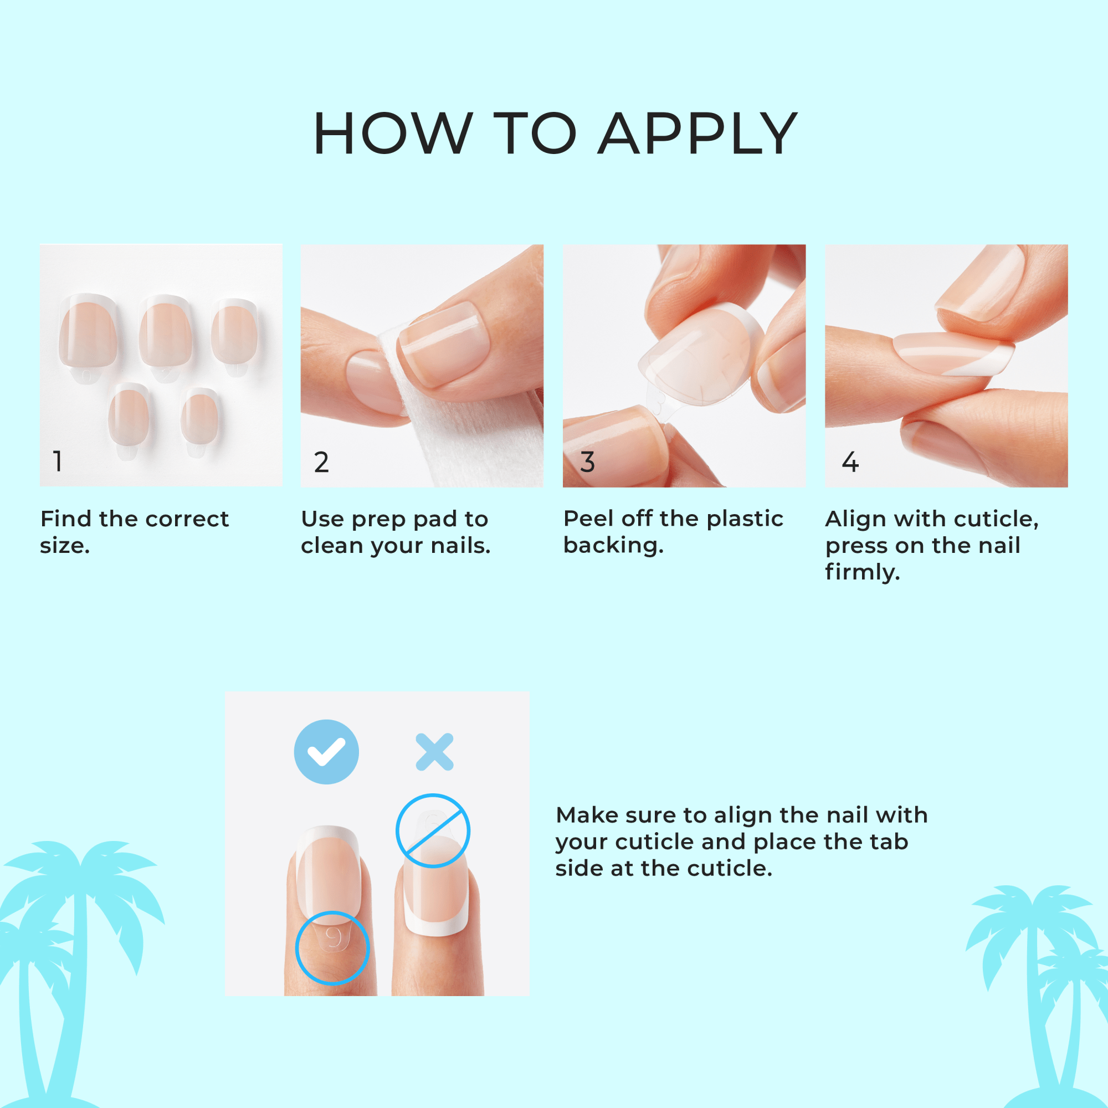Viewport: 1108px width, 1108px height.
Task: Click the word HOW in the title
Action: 393,134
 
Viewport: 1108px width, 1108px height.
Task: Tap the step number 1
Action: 58,461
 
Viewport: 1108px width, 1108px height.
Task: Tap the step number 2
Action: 321,462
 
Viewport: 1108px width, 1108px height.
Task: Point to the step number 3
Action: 587,462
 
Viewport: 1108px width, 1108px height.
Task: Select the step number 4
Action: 850,462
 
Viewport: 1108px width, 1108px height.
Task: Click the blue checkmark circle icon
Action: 326,752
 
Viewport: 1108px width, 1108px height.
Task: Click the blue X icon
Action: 434,752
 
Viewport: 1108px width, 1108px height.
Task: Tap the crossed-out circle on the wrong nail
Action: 433,830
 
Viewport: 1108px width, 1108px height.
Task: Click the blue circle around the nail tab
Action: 332,947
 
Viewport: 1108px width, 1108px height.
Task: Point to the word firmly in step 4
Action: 862,572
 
